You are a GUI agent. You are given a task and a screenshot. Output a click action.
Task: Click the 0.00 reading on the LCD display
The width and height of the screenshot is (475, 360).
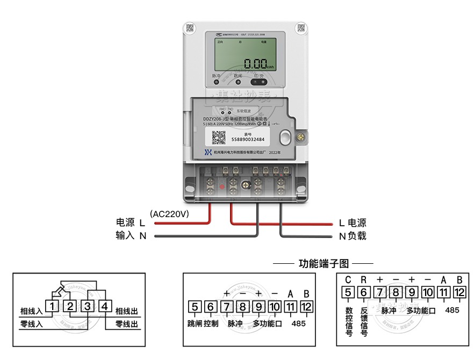(x=255, y=63)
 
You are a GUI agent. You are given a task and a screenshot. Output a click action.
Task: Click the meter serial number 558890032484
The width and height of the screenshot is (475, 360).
(x=248, y=140)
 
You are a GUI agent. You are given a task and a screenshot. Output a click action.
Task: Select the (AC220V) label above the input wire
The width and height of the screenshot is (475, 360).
(x=170, y=213)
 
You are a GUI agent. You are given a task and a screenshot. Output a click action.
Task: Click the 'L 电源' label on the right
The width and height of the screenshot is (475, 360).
(x=352, y=222)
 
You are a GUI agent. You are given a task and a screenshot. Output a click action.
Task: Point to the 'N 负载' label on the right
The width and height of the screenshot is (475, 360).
(x=352, y=236)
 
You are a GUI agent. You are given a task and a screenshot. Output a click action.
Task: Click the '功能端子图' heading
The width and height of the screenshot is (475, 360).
(x=323, y=264)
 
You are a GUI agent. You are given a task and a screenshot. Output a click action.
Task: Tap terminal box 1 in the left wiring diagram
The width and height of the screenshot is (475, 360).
(x=52, y=306)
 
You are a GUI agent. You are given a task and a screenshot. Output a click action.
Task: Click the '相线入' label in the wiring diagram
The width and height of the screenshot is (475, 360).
(x=31, y=311)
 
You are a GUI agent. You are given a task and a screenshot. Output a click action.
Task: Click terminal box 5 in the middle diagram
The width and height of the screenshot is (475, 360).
(x=195, y=307)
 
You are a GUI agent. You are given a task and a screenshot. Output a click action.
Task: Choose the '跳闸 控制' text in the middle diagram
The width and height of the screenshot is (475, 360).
(x=203, y=324)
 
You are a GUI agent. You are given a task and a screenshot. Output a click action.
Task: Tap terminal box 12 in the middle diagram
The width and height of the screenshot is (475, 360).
(x=306, y=307)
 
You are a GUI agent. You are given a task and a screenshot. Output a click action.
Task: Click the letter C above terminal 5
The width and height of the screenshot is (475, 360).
(x=348, y=279)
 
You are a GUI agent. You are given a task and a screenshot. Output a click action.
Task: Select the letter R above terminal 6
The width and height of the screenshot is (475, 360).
(x=364, y=279)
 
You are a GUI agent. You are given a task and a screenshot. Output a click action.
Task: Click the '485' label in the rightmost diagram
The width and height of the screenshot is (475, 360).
(x=452, y=310)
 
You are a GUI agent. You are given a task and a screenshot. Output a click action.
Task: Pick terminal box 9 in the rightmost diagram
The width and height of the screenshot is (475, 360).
(x=412, y=293)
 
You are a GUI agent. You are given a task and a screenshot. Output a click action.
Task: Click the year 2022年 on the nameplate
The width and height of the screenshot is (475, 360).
(x=275, y=152)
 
